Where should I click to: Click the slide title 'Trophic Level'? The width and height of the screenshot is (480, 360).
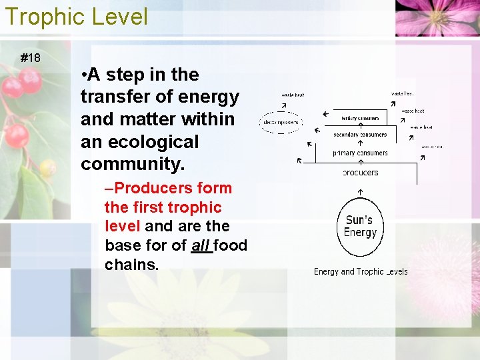point(76,17)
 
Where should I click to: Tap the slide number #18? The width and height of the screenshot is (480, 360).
point(30,58)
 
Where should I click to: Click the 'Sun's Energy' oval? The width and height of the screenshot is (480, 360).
point(360,226)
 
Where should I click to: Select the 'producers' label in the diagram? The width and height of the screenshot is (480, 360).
point(360,173)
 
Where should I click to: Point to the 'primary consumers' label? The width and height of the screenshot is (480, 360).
point(360,153)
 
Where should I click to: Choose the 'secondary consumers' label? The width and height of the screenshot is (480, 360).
point(360,135)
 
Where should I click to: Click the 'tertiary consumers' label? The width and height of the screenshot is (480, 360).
point(360,118)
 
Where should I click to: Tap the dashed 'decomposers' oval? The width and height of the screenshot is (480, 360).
point(280,123)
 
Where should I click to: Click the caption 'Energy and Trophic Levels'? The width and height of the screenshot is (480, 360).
point(360,271)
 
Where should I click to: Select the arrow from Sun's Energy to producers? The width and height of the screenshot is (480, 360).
point(360,192)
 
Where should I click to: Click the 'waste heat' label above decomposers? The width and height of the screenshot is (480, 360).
point(292,95)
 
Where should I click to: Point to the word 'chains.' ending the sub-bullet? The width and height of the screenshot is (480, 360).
point(132,265)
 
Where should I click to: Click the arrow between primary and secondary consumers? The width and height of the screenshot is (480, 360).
point(360,143)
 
